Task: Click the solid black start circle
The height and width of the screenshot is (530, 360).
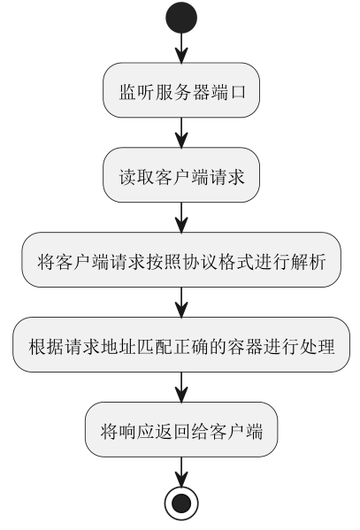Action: point(181,18)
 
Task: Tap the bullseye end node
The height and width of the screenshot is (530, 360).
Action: point(181,503)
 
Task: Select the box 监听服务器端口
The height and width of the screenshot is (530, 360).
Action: point(181,90)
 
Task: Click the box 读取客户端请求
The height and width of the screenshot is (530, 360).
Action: point(181,175)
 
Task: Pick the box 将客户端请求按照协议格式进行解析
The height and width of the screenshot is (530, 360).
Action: point(181,260)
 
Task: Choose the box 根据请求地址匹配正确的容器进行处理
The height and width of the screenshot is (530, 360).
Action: point(181,345)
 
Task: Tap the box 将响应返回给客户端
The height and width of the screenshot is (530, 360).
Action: point(181,430)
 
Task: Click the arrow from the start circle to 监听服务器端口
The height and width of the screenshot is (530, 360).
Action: point(181,48)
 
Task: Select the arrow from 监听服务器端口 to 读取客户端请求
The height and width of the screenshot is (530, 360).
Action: point(181,133)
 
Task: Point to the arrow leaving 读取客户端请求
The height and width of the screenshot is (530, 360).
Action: point(181,218)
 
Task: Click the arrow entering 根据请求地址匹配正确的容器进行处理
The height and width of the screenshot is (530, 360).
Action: point(181,303)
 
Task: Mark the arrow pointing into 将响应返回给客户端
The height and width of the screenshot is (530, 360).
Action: point(181,388)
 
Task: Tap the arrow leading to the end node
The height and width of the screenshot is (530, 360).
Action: point(181,472)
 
